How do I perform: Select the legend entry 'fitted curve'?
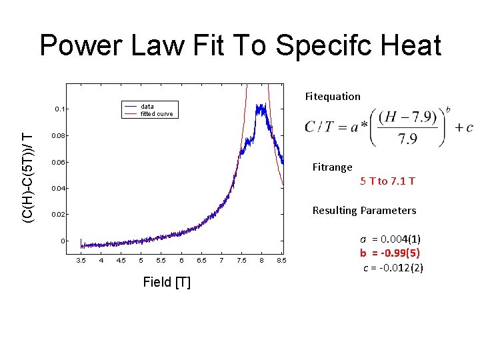pyautogui.click(x=157, y=114)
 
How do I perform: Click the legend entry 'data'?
pyautogui.click(x=147, y=106)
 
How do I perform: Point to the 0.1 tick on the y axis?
pyautogui.click(x=60, y=109)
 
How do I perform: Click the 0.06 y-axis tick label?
pyautogui.click(x=59, y=162)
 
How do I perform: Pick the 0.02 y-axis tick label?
pyautogui.click(x=59, y=215)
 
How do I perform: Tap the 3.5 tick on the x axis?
pyautogui.click(x=81, y=260)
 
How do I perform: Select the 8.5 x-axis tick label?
pyautogui.click(x=282, y=260)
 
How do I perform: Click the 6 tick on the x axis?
pyautogui.click(x=181, y=260)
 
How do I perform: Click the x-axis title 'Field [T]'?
pyautogui.click(x=167, y=283)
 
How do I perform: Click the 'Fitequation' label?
pyautogui.click(x=333, y=97)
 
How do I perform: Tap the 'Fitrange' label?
pyautogui.click(x=333, y=167)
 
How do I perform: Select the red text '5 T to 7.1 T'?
pyautogui.click(x=387, y=181)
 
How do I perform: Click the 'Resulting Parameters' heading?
pyautogui.click(x=364, y=211)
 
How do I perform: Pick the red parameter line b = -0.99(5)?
pyautogui.click(x=390, y=253)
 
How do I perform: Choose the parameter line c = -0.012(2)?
pyautogui.click(x=393, y=268)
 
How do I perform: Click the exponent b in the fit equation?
pyautogui.click(x=447, y=110)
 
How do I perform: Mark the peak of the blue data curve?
pyautogui.click(x=262, y=106)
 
